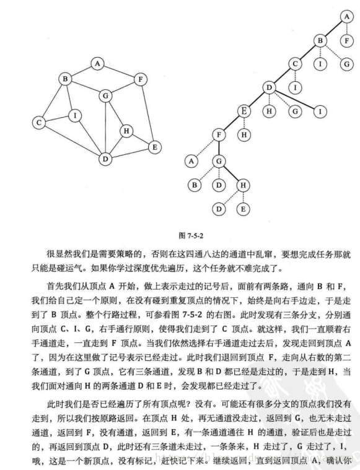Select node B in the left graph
coord(64,79)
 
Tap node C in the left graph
coord(39,123)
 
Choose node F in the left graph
coord(141,79)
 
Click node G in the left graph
coord(106,95)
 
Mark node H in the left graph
coord(126,131)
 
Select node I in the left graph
coord(74,115)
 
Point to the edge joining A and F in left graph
coord(119,71)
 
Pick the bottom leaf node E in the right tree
coord(244,209)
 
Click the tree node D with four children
coord(269,87)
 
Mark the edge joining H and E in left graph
coord(141,139)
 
